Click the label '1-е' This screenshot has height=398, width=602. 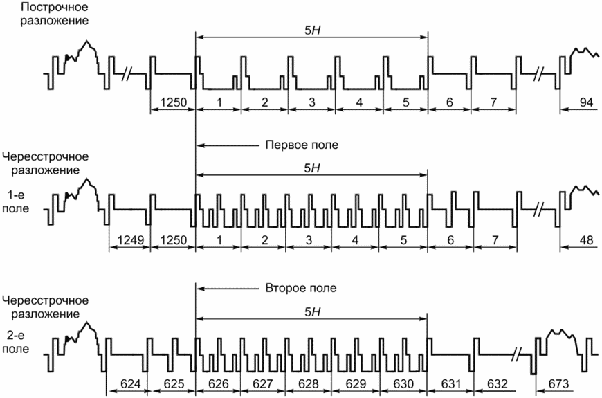tap(17, 195)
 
